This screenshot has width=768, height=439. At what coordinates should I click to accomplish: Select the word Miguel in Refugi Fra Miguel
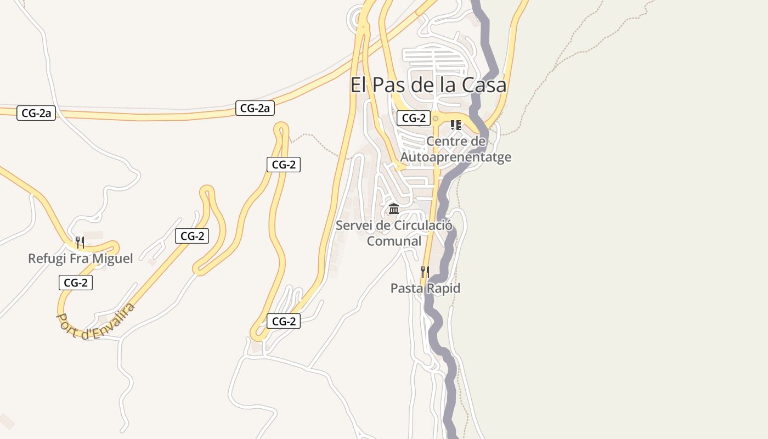tap(112, 258)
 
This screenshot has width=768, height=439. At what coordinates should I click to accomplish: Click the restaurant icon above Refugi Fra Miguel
tap(80, 242)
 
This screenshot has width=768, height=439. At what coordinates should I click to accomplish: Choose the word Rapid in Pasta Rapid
tap(443, 288)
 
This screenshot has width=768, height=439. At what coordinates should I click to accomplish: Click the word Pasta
tap(406, 288)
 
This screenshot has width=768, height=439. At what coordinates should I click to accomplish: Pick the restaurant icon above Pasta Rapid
tap(425, 272)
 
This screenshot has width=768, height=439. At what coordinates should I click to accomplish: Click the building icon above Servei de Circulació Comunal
tap(393, 209)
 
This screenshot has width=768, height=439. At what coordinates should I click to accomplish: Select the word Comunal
tap(394, 241)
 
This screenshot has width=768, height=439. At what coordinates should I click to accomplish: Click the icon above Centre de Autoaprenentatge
tap(456, 125)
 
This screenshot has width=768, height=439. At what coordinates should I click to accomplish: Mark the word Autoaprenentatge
tap(456, 157)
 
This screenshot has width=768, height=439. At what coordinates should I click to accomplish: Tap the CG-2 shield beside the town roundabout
tap(414, 118)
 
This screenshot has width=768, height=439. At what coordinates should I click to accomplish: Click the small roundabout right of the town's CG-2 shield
tap(436, 118)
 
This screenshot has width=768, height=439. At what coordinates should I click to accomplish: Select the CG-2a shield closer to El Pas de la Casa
tap(255, 108)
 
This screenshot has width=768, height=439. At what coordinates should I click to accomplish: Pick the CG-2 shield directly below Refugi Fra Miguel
tap(76, 283)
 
